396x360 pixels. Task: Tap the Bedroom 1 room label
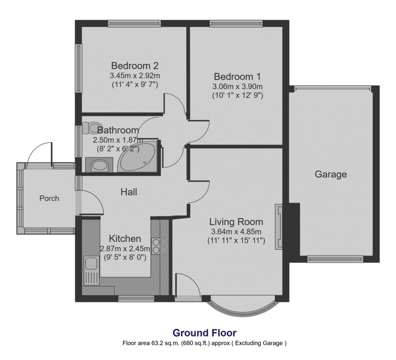[x=237, y=76]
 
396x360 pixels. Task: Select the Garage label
[x=331, y=174]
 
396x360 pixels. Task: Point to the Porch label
[x=49, y=198]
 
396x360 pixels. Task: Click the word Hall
[x=128, y=192]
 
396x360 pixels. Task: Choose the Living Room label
[x=236, y=222]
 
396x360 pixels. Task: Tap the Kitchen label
[x=125, y=239]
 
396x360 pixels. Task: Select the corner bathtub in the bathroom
[x=137, y=157]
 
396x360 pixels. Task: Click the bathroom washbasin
[x=99, y=165]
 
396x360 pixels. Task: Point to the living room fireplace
[x=279, y=226]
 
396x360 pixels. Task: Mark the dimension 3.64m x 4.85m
[x=236, y=232]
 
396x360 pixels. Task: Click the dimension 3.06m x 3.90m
[x=237, y=87]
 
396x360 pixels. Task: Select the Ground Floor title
[x=204, y=333]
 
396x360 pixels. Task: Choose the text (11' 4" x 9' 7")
[x=135, y=85]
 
